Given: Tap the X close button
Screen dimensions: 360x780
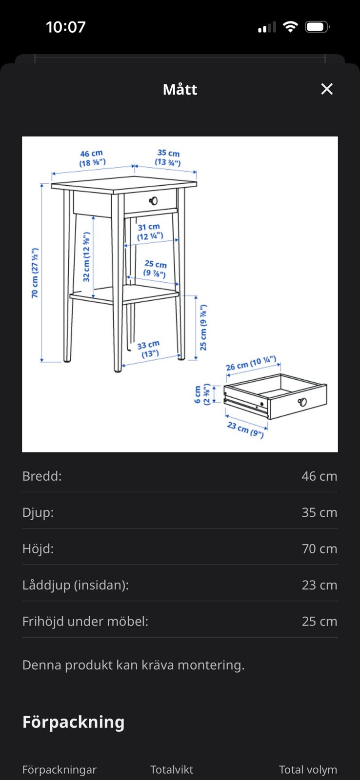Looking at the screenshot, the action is (326, 89).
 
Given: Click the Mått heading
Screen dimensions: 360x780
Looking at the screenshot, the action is (180, 90).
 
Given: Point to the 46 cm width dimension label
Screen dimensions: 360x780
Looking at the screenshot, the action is (92, 158).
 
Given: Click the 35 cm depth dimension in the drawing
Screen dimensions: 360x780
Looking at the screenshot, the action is (168, 157).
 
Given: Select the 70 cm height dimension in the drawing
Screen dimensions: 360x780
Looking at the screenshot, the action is (35, 273).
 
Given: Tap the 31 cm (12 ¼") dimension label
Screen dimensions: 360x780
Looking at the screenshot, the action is (149, 232).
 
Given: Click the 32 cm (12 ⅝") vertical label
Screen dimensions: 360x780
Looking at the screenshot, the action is (86, 257).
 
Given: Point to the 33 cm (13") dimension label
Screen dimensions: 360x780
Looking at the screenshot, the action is (149, 349).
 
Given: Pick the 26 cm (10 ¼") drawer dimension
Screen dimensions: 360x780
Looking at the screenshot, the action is (251, 363).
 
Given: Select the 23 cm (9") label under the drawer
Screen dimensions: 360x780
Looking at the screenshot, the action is (245, 429).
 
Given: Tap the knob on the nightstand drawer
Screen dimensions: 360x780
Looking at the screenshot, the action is (153, 200).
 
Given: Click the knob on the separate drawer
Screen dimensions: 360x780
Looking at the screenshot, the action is (302, 402).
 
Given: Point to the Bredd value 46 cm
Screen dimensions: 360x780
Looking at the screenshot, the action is (319, 476).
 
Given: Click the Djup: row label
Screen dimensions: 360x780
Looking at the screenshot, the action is (38, 512).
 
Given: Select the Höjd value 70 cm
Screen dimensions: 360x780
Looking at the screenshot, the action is (319, 549).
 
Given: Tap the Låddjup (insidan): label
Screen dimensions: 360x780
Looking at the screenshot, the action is (76, 585).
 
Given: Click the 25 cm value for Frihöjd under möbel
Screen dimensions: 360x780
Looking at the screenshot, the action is (319, 621).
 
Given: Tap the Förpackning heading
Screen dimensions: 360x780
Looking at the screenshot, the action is (74, 722).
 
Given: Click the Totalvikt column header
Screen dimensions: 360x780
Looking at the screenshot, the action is (171, 770).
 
